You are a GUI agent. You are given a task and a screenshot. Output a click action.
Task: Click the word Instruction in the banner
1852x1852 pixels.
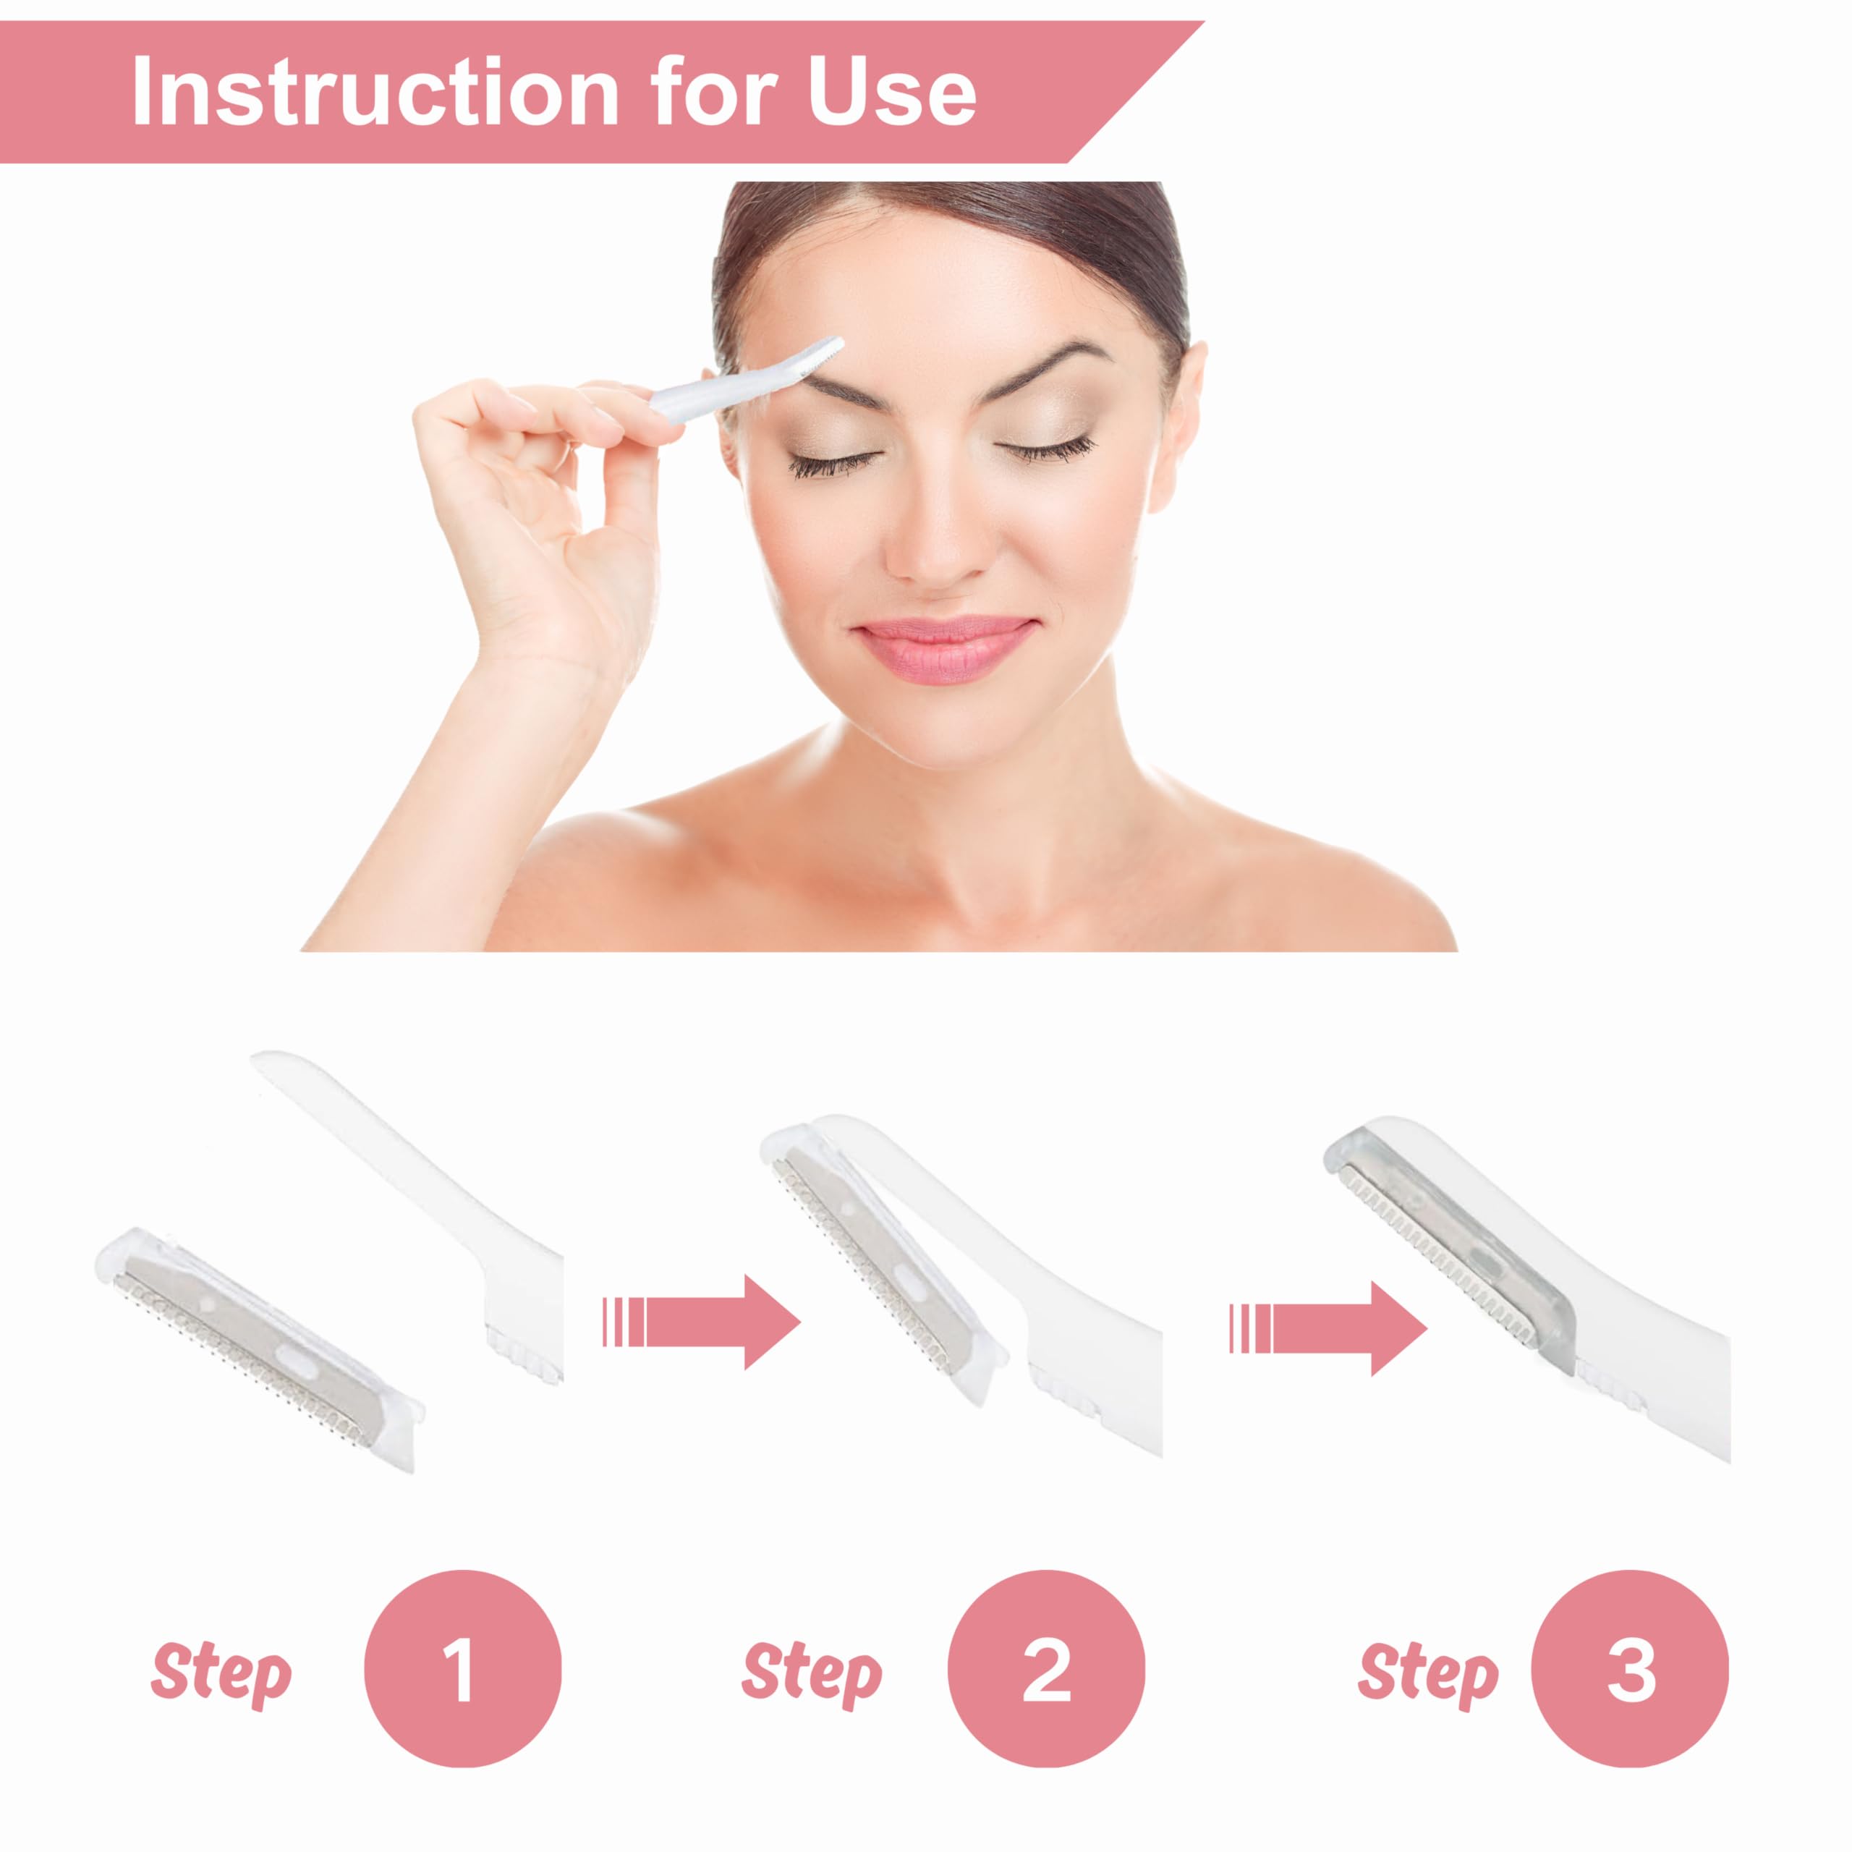pyautogui.click(x=375, y=91)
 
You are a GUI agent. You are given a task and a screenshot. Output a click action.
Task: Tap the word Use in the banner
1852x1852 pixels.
pyautogui.click(x=891, y=91)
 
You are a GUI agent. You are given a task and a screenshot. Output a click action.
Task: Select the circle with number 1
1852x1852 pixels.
pyautogui.click(x=462, y=1669)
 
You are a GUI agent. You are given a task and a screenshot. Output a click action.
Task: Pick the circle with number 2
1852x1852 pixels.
pyautogui.click(x=1046, y=1669)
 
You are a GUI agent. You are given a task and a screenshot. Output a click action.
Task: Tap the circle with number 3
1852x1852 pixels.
pyautogui.click(x=1630, y=1669)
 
